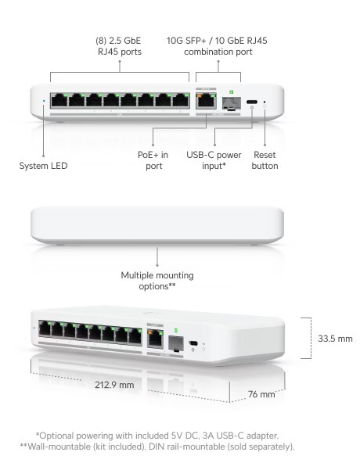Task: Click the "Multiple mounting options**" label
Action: pyautogui.click(x=157, y=282)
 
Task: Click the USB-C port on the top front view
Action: pyautogui.click(x=252, y=102)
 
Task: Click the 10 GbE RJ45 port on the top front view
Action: pyautogui.click(x=206, y=100)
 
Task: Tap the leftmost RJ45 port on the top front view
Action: pyautogui.click(x=59, y=100)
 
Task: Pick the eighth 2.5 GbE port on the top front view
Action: pyautogui.click(x=180, y=100)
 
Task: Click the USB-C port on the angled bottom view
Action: pyautogui.click(x=193, y=343)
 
